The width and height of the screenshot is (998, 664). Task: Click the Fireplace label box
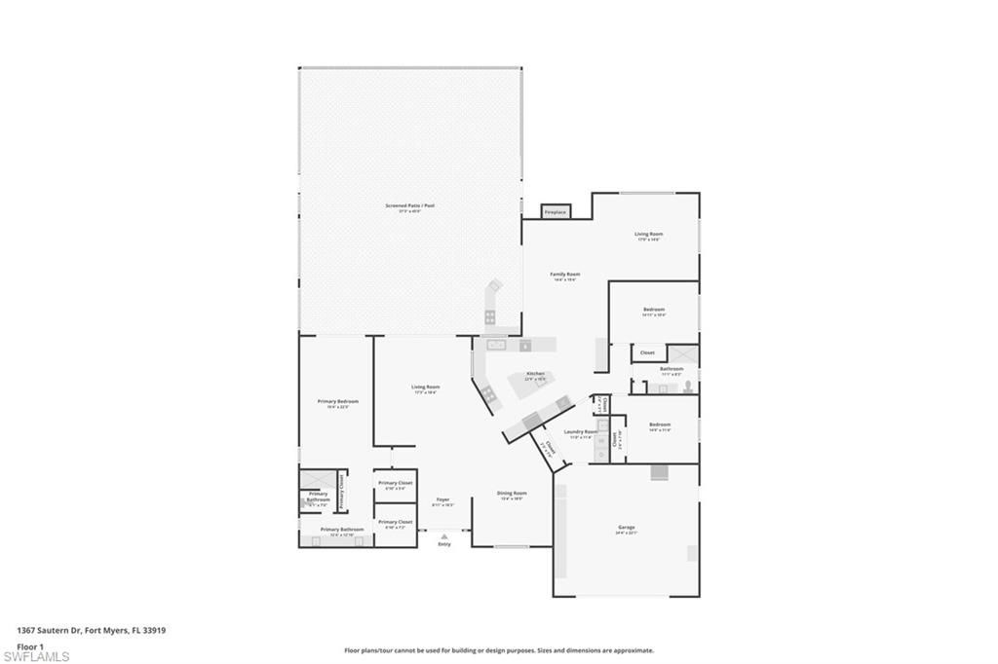coord(555,211)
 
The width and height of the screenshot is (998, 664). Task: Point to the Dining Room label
coord(512,494)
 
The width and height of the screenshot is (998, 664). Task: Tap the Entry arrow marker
coord(444,535)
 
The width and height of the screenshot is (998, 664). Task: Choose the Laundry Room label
coord(579,431)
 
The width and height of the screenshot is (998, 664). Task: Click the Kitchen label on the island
coord(535,374)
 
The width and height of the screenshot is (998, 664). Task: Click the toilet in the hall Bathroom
coord(688,387)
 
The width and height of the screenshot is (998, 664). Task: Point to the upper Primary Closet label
coord(395,484)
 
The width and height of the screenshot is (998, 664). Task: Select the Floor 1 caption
coord(30,646)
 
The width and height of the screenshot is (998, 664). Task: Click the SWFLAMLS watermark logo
coord(36,657)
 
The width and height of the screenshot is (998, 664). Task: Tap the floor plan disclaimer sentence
coord(498,650)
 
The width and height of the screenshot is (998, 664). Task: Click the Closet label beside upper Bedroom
coord(647,352)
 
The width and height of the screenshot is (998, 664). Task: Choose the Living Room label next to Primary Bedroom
coord(425,387)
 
